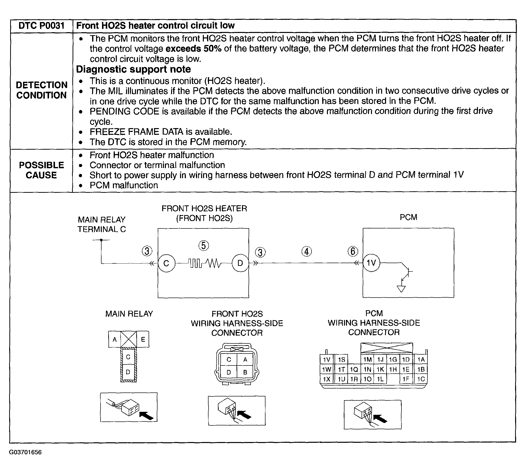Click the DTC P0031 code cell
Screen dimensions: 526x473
coord(42,26)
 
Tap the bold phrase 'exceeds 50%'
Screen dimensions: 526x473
coord(193,49)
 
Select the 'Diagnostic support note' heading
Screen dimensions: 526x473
coord(133,69)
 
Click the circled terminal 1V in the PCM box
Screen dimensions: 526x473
coord(371,263)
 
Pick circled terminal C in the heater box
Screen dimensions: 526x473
coord(166,263)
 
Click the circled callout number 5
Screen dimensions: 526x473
coord(204,246)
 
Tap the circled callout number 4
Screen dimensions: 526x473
coord(307,251)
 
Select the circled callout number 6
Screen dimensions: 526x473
coord(353,251)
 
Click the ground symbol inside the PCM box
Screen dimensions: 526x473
coord(401,289)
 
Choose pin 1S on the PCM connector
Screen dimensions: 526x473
coord(341,360)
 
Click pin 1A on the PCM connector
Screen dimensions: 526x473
coord(421,360)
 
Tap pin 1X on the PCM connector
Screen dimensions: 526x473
coord(326,379)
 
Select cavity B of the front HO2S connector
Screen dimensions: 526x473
coord(245,372)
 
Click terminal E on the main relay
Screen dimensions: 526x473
coord(143,339)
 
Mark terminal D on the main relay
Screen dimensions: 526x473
coord(128,372)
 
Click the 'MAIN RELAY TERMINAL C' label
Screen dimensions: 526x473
coord(102,224)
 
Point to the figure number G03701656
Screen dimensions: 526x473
coord(25,452)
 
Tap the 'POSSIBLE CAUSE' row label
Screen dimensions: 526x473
coord(42,170)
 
